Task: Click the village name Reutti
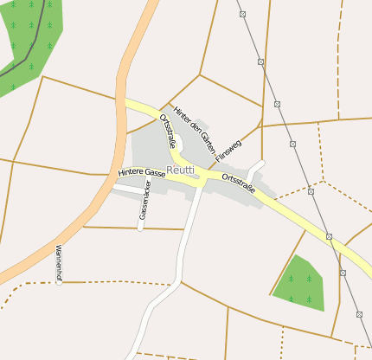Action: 179,170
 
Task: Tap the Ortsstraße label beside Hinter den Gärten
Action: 168,129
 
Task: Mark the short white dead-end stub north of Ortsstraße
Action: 254,170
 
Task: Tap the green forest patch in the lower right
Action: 299,284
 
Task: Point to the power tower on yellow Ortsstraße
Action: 330,236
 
